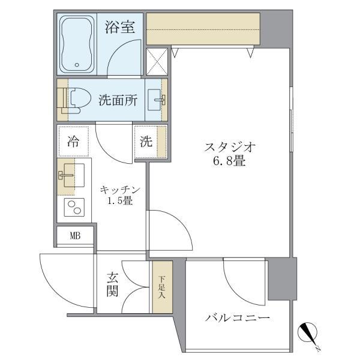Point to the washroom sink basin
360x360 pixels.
coord(157,100)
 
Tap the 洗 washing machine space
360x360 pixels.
coord(147,142)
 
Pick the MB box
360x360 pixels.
coord(75,236)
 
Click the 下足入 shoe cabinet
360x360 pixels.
coord(162,287)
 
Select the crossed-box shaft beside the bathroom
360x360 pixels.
coord(157,62)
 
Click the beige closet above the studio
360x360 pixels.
coord(203,28)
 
